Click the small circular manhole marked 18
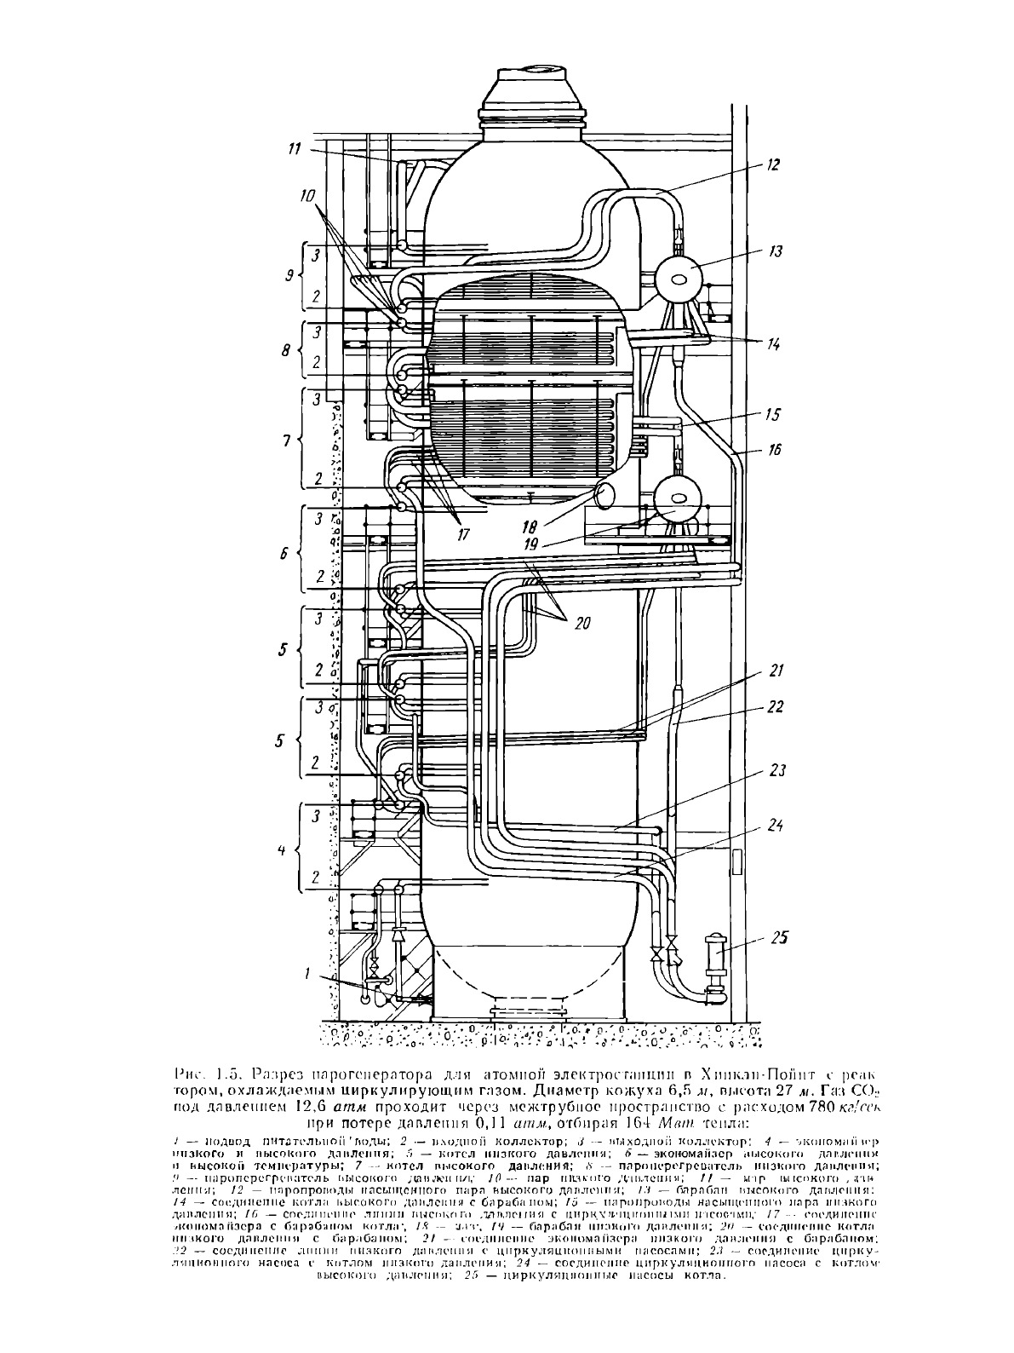pos(607,494)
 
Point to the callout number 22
pos(773,707)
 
